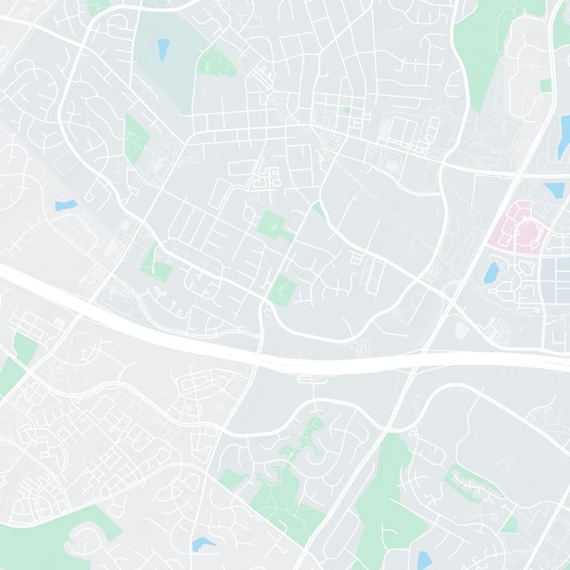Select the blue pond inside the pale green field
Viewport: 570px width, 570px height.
(x=163, y=48)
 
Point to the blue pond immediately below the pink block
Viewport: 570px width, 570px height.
(x=490, y=271)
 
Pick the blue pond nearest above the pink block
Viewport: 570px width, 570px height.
(x=554, y=190)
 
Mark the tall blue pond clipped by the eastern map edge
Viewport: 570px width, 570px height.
(x=564, y=135)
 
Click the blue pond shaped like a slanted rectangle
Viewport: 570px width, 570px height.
(x=66, y=205)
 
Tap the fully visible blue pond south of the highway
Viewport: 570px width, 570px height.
(x=203, y=545)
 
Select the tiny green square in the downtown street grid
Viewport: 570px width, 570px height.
(x=347, y=110)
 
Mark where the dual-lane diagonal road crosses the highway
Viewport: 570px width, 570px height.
(x=425, y=354)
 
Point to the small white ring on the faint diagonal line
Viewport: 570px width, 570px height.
(x=354, y=197)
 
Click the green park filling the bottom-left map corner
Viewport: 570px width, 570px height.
(x=43, y=545)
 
